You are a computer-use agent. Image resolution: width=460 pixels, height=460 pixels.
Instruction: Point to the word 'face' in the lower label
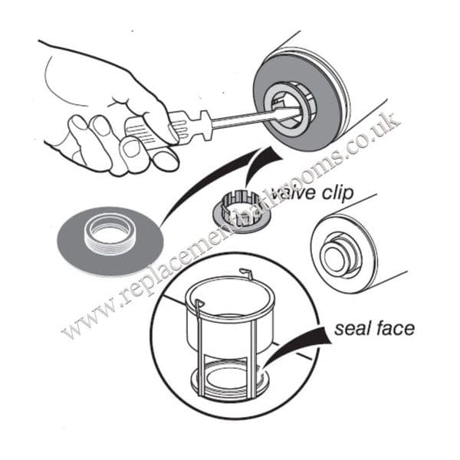coord(394,329)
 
